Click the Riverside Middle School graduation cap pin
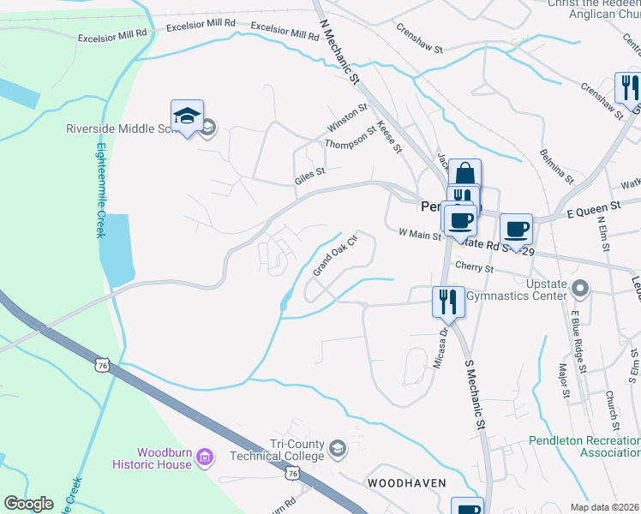(187, 117)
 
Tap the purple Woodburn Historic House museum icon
(205, 457)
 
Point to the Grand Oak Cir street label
(333, 255)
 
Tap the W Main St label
(419, 233)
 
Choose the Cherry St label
(475, 268)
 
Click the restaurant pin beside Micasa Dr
(447, 302)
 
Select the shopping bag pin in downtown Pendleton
(464, 175)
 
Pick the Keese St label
(390, 137)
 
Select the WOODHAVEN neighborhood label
(407, 483)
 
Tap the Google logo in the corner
(28, 504)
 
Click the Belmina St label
(557, 165)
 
